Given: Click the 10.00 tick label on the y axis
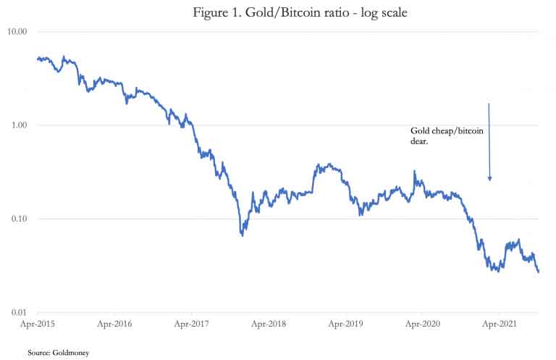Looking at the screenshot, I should [17, 32].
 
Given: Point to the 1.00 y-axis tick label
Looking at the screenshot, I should [19, 125].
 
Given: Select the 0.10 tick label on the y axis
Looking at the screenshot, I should [19, 219].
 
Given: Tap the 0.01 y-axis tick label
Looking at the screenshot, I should [19, 312].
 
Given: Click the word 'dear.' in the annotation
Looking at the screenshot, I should [410, 143].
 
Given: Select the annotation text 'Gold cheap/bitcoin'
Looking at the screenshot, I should [442, 131].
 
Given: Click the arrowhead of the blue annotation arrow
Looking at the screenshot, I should [489, 177].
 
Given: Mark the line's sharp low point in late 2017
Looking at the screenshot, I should [242, 235].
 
